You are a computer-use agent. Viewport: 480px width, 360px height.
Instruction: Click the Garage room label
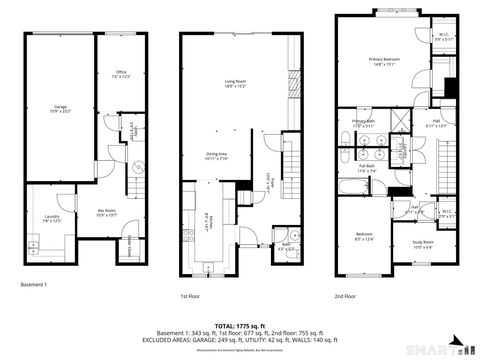tap(61, 107)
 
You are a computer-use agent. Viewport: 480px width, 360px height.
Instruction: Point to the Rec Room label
tap(105, 211)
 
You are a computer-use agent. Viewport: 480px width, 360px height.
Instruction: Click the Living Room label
tap(235, 83)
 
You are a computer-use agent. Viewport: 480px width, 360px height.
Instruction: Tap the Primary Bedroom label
tap(384, 62)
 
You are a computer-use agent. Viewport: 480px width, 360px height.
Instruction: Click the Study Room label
tap(422, 243)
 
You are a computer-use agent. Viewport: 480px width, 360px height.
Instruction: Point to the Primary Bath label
tap(363, 124)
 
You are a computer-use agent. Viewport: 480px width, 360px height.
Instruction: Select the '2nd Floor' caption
tap(347, 297)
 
